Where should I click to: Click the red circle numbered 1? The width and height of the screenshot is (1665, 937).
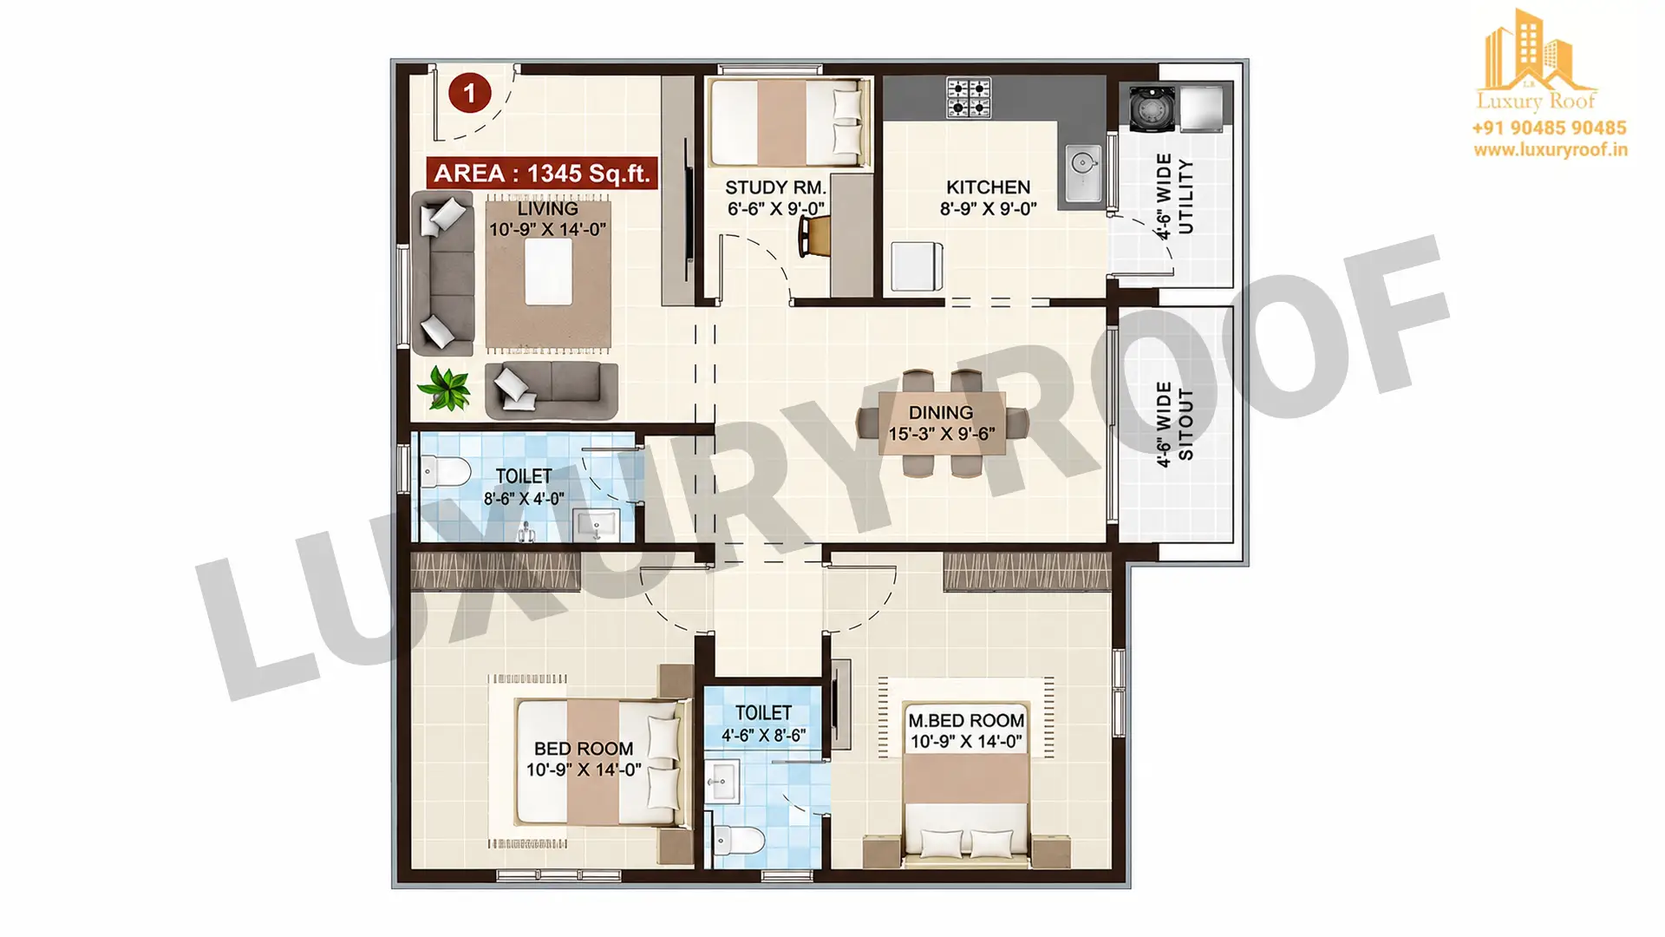(470, 93)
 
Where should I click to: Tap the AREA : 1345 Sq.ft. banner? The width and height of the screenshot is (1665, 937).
(542, 173)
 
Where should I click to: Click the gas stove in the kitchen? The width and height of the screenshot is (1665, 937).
(968, 97)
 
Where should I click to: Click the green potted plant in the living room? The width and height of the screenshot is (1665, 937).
(445, 388)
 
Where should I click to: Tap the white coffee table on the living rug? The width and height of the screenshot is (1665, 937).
(548, 271)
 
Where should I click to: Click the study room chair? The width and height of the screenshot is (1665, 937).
(813, 235)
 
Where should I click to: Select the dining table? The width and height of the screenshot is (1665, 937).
(942, 423)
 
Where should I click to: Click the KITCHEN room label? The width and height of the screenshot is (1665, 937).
(988, 187)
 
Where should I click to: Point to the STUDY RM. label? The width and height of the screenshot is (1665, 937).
(775, 187)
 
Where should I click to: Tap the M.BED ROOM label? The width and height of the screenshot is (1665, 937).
(966, 720)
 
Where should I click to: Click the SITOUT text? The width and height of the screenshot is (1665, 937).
(1186, 424)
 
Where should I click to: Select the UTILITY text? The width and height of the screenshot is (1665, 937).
(1185, 196)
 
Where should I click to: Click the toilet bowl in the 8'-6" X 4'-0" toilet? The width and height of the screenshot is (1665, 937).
(446, 473)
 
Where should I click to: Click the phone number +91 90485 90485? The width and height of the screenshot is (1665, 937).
(1549, 128)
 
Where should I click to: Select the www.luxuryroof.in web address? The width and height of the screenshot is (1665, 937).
(1551, 150)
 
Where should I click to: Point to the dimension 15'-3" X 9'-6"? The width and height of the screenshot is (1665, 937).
(942, 434)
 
